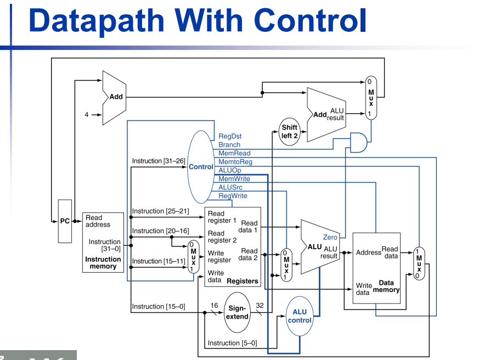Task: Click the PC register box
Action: pyautogui.click(x=65, y=221)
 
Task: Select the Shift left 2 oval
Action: pyautogui.click(x=290, y=132)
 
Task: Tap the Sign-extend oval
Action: pyautogui.click(x=237, y=312)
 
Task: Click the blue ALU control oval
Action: pyautogui.click(x=300, y=316)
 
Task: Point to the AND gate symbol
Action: pyautogui.click(x=358, y=142)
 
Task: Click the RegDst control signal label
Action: pyautogui.click(x=230, y=136)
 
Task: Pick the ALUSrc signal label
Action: pyautogui.click(x=230, y=187)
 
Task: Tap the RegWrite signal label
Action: pyautogui.click(x=233, y=196)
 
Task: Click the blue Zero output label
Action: pyautogui.click(x=330, y=237)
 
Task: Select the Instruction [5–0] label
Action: pyautogui.click(x=232, y=343)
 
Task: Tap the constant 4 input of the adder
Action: pyautogui.click(x=86, y=115)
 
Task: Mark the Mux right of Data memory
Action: pyautogui.click(x=419, y=263)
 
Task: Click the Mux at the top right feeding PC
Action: pyautogui.click(x=372, y=98)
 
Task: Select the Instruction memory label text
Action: pyautogui.click(x=103, y=263)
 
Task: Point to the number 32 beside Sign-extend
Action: pyautogui.click(x=260, y=305)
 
